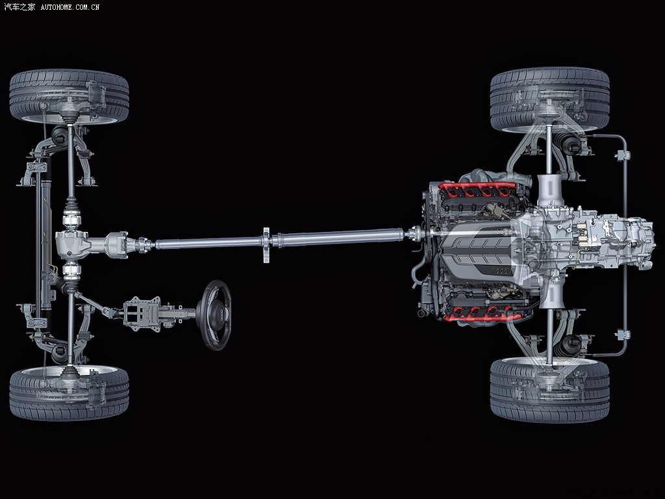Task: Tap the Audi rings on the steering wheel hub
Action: [x=221, y=315]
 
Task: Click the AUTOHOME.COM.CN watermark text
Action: [x=70, y=6]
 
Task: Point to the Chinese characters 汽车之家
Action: [x=19, y=6]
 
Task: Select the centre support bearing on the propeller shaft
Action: [x=266, y=245]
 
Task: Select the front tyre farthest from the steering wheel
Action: [x=69, y=97]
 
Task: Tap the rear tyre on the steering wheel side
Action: [x=550, y=390]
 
